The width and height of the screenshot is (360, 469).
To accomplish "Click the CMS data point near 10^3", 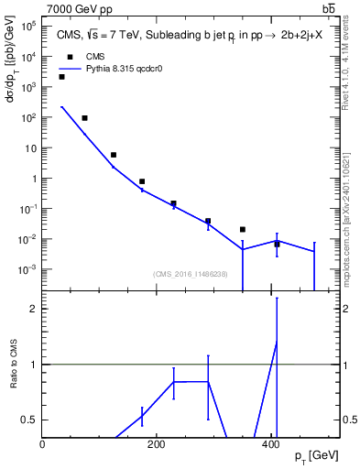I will click(x=61, y=77).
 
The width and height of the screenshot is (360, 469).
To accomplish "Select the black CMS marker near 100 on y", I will click(x=84, y=118).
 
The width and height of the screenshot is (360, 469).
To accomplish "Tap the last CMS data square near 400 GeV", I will click(x=277, y=244).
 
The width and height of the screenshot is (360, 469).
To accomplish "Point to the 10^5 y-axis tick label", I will click(x=28, y=27).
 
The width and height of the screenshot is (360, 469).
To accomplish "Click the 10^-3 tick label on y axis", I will click(x=27, y=269).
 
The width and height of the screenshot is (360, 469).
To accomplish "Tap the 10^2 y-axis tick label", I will click(x=28, y=117).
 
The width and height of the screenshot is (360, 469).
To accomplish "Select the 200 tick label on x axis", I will click(x=157, y=443).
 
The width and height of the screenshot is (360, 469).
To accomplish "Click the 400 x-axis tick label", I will click(x=270, y=443).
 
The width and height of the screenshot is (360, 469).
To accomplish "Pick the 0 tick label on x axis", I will click(x=43, y=443).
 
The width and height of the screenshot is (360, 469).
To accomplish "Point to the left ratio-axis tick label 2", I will click(x=34, y=309).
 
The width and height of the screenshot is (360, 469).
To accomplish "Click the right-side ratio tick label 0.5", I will click(x=349, y=420).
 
